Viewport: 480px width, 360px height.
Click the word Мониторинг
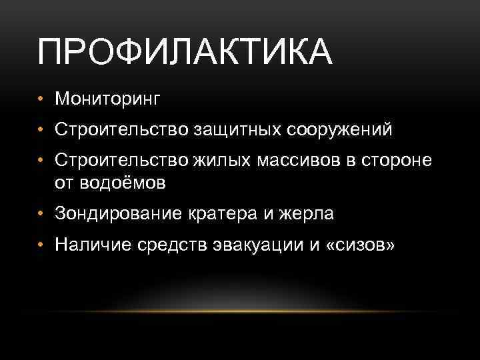(109, 99)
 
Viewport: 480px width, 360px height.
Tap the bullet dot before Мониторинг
(41, 99)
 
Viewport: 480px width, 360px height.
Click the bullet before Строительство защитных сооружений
(41, 130)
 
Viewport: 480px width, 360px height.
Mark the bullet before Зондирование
(41, 214)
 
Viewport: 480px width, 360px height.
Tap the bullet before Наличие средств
(41, 245)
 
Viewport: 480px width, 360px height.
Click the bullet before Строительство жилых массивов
(41, 161)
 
